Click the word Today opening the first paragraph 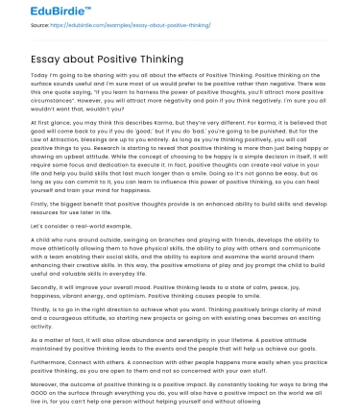39,73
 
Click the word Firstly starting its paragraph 40,204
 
